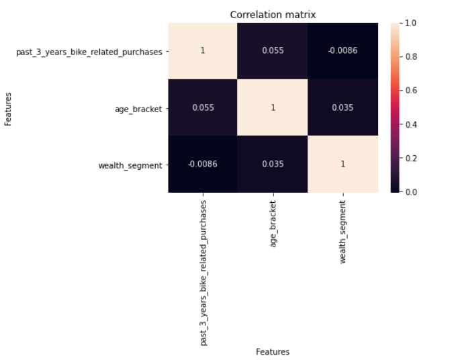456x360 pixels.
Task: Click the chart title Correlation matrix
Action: (x=273, y=15)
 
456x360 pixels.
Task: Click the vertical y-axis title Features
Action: (x=9, y=109)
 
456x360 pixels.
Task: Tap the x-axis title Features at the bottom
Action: (x=273, y=351)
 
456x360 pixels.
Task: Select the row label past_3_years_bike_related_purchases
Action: (x=89, y=52)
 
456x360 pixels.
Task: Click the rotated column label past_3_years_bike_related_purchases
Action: (x=203, y=272)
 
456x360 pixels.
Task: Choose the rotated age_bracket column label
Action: (x=273, y=224)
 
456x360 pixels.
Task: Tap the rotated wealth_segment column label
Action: (x=343, y=231)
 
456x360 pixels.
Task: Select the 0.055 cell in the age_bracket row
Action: (x=203, y=107)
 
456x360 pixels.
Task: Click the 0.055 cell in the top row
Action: (x=273, y=51)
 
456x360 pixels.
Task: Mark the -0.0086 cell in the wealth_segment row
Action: (x=203, y=164)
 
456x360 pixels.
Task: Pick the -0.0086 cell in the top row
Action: (x=343, y=51)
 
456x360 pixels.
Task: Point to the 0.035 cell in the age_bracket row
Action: (x=343, y=107)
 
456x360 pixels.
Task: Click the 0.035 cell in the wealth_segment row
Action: (x=273, y=164)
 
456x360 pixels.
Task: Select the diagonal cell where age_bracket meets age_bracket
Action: (x=273, y=107)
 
